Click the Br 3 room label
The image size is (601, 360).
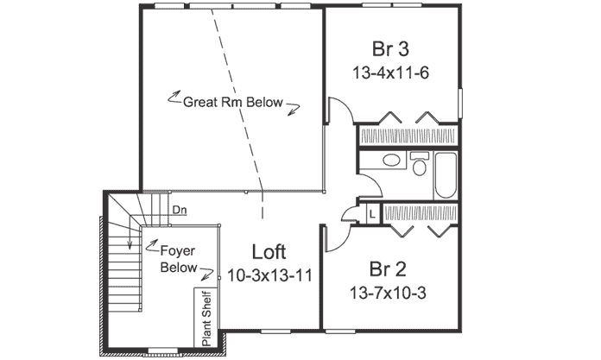[390, 47]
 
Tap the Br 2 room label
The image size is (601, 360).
[389, 268]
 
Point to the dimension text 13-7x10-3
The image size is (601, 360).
[389, 292]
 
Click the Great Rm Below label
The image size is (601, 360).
[233, 102]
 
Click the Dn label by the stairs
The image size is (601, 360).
[180, 210]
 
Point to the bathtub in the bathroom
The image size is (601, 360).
[446, 174]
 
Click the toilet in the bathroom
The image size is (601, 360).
[420, 163]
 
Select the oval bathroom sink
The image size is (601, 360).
[390, 160]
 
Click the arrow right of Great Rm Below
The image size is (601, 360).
[295, 107]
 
